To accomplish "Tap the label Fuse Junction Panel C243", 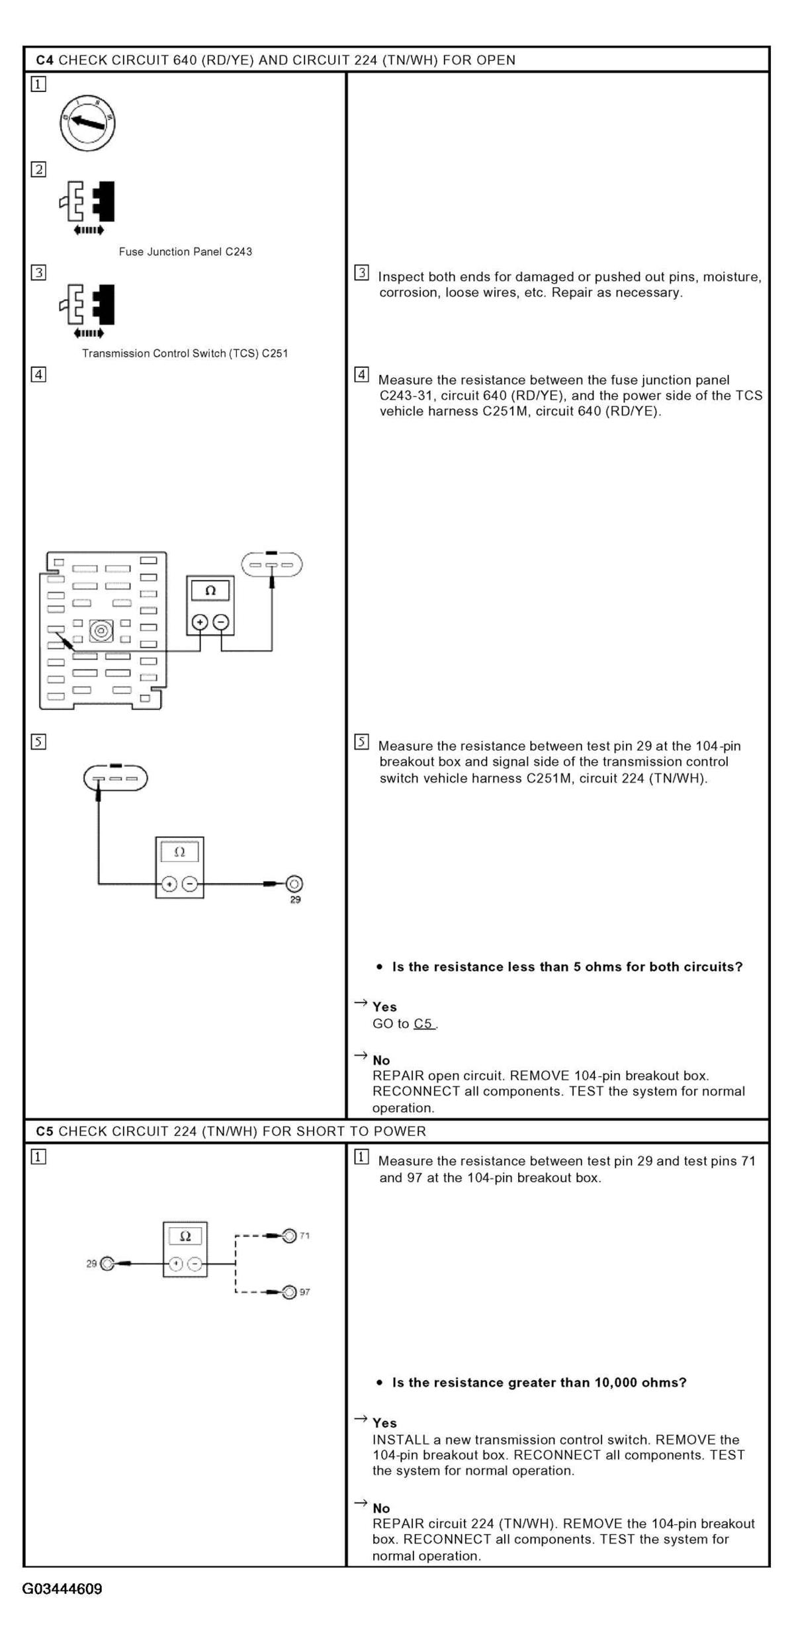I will (x=185, y=251).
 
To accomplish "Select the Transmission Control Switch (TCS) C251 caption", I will (x=185, y=353).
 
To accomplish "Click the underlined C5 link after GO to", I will (x=423, y=1023).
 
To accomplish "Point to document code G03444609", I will (x=62, y=1589).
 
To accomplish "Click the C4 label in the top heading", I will (x=44, y=60).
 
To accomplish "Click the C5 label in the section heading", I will (x=44, y=1131).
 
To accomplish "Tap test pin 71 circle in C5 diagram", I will (x=289, y=1235).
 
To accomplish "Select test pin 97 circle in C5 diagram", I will (x=289, y=1291).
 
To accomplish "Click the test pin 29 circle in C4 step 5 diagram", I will (x=295, y=884).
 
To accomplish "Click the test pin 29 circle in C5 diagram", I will (x=107, y=1264).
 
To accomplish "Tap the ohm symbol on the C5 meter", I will (x=185, y=1236).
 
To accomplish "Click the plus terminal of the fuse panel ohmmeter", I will (x=200, y=622).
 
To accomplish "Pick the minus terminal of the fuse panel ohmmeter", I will (x=221, y=622).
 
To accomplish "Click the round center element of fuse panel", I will (x=101, y=630).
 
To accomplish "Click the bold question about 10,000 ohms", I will (x=539, y=1382).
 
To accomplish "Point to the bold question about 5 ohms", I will (x=567, y=967).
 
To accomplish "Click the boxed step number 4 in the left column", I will (x=39, y=374).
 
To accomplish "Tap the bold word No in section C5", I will (x=381, y=1508).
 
